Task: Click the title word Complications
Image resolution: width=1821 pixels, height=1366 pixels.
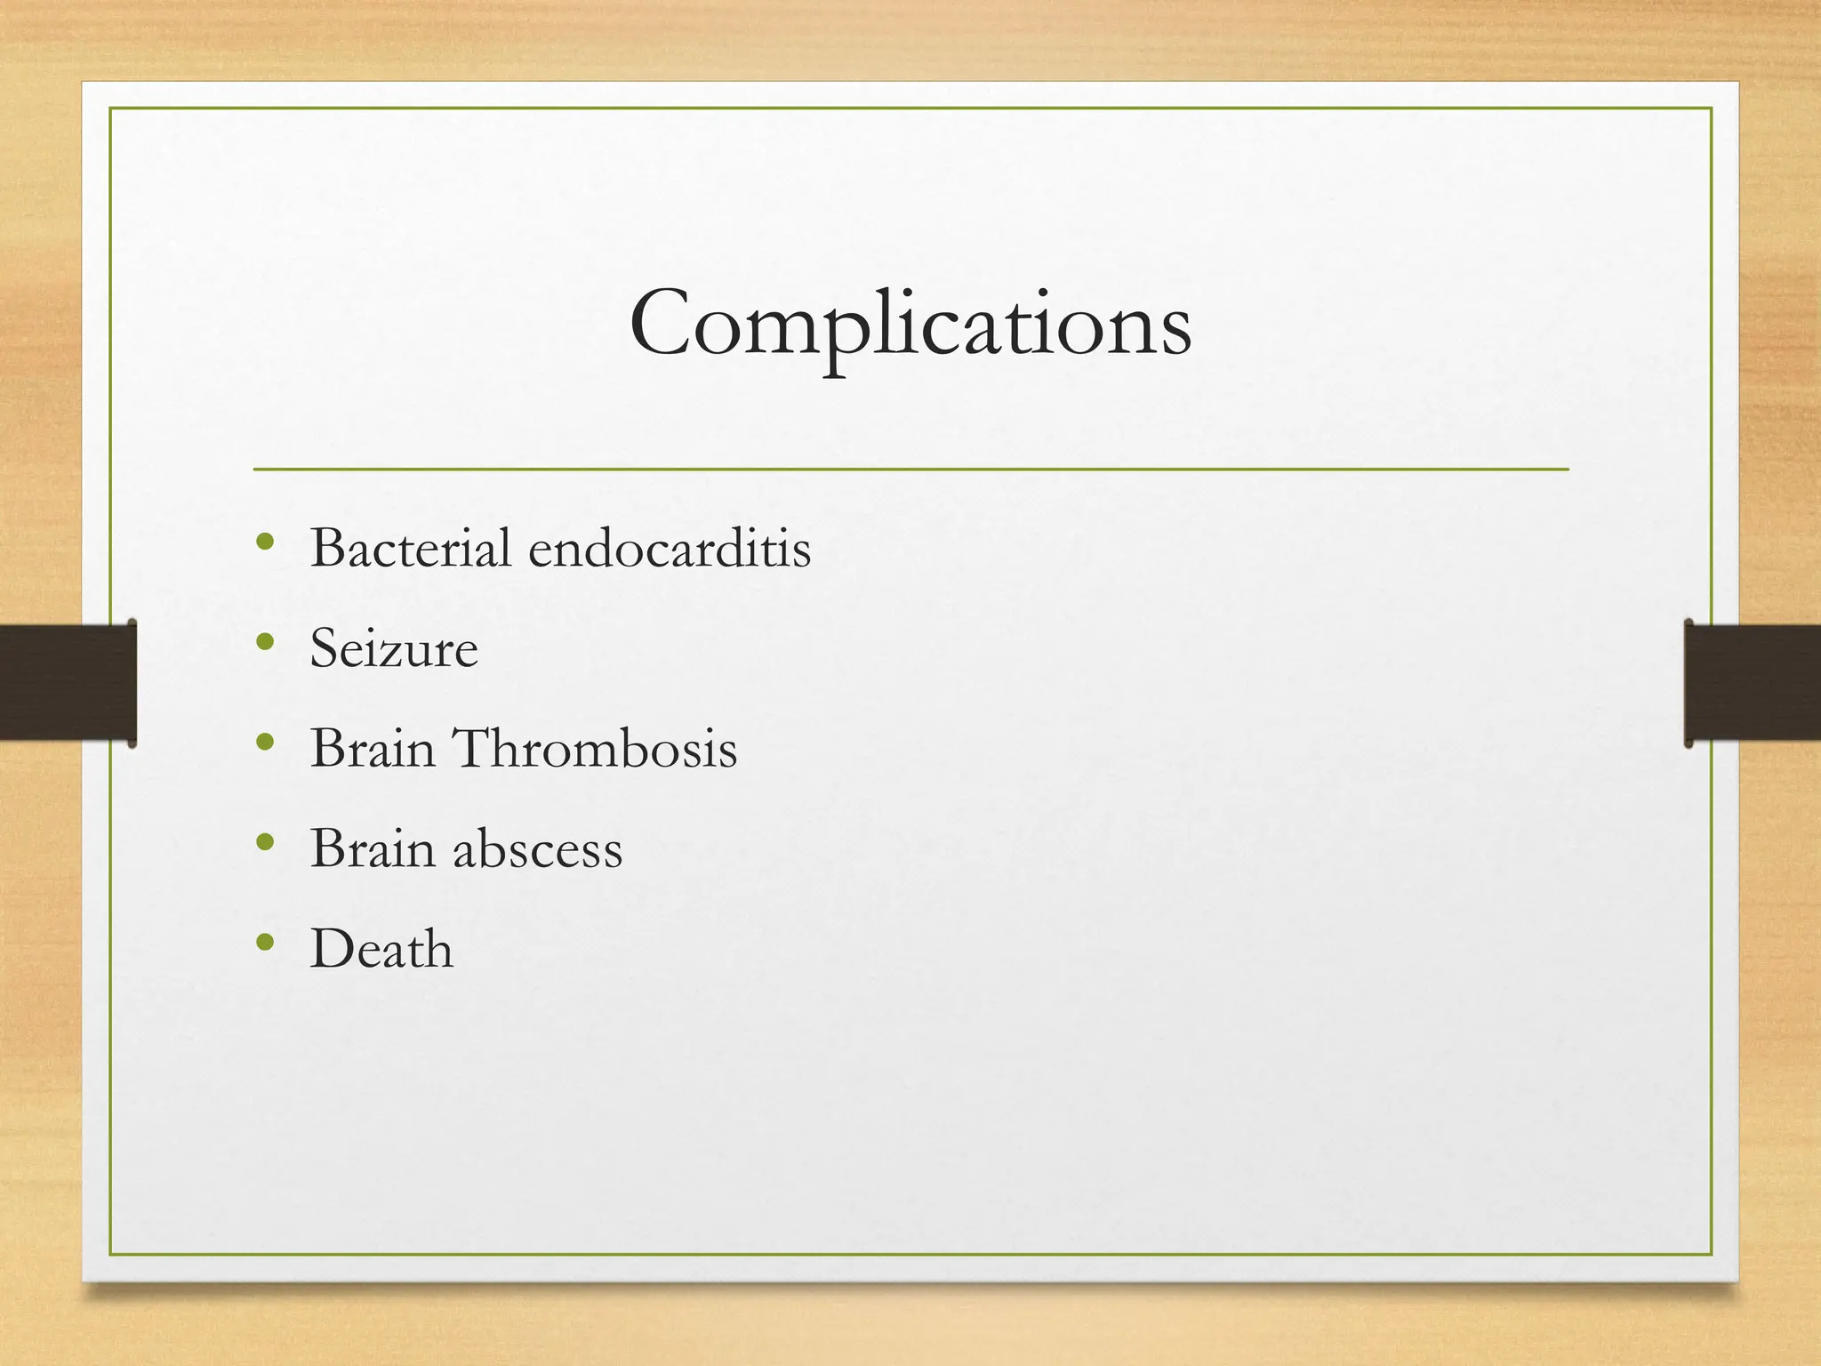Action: [x=910, y=324]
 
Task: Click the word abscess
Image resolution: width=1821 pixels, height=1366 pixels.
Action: [x=537, y=848]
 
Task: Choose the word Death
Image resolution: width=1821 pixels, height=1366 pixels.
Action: [x=381, y=948]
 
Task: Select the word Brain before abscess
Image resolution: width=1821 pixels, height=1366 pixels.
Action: [x=373, y=848]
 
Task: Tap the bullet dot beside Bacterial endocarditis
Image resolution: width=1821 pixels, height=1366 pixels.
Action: [x=264, y=542]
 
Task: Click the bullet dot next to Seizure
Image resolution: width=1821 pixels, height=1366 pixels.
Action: [x=264, y=641]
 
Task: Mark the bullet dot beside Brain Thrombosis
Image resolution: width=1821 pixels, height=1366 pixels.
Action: [x=264, y=742]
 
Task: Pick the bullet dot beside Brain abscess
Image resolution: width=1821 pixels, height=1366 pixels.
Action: [x=264, y=841]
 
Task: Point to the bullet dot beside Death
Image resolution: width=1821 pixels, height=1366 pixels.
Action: [x=264, y=942]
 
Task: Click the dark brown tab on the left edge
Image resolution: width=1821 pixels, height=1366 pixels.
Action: [x=68, y=682]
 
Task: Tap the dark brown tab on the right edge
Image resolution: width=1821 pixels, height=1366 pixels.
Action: [x=1753, y=682]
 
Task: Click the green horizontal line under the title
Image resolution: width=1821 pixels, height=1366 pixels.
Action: [x=910, y=469]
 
